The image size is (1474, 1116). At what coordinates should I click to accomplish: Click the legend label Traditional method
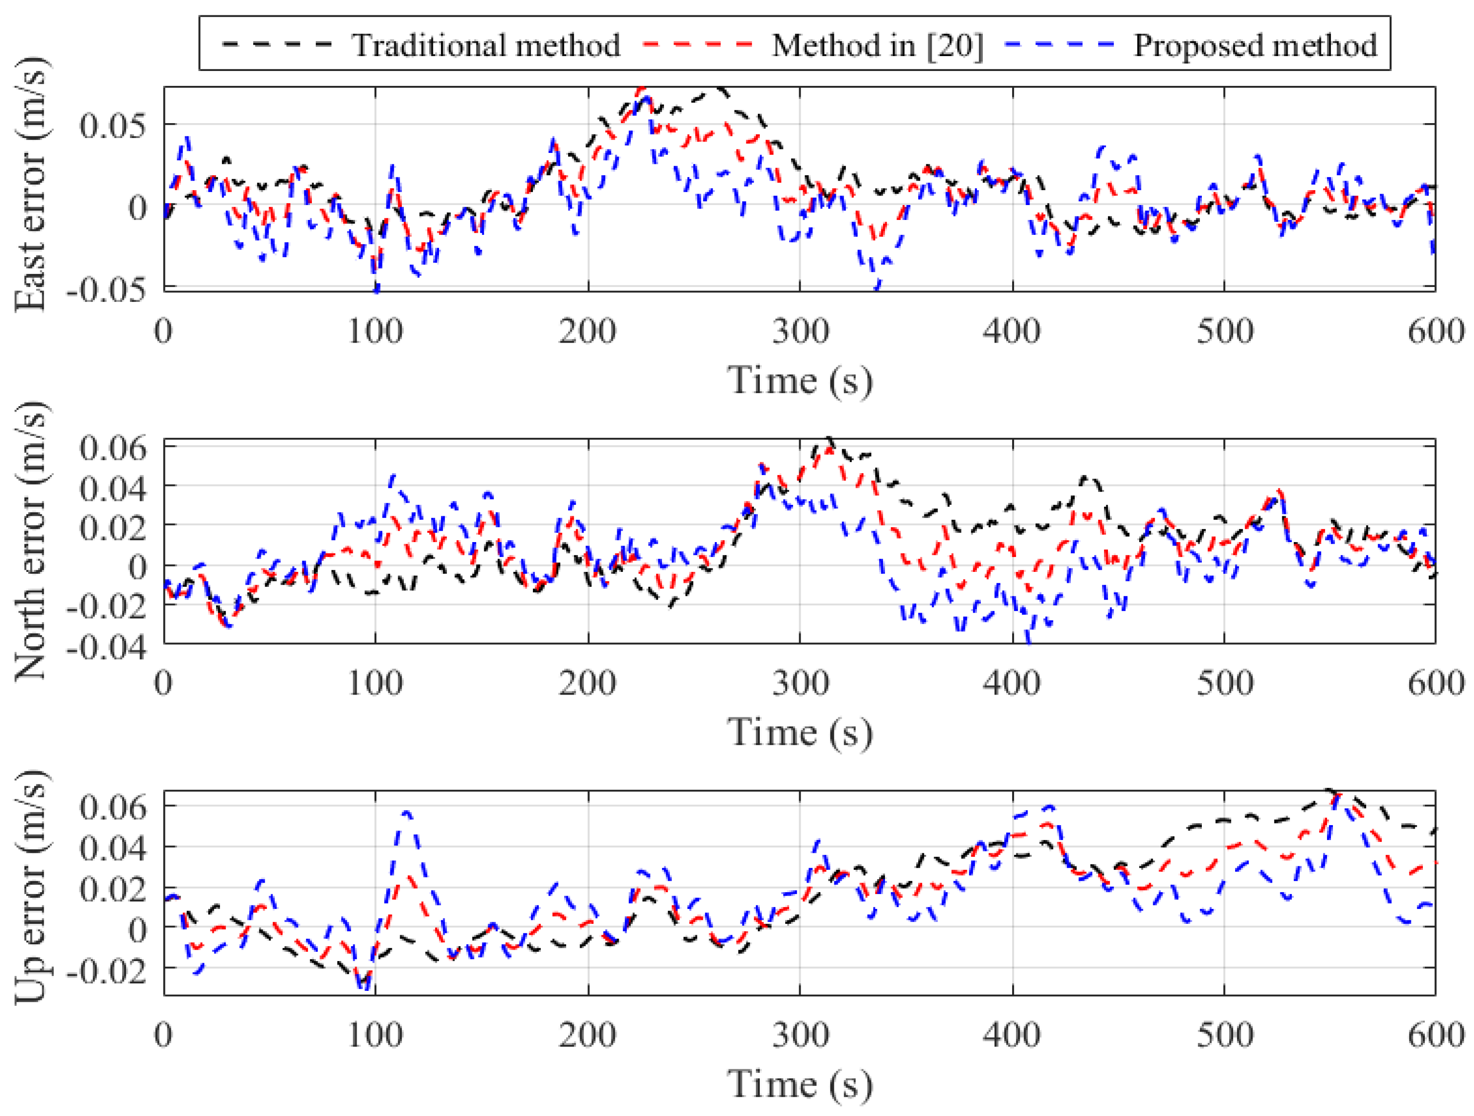pyautogui.click(x=486, y=45)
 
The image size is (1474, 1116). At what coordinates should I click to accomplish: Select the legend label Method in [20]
pyautogui.click(x=877, y=45)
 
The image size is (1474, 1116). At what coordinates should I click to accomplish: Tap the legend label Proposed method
pyautogui.click(x=1255, y=45)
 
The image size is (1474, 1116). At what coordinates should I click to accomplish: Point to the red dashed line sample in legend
pyautogui.click(x=697, y=44)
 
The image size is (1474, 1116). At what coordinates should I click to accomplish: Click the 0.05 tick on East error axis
pyautogui.click(x=111, y=125)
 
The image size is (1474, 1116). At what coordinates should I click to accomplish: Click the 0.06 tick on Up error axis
pyautogui.click(x=111, y=807)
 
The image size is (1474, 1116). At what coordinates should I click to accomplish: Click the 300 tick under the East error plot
pyautogui.click(x=800, y=331)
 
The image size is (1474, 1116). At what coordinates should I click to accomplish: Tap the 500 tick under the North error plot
pyautogui.click(x=1224, y=683)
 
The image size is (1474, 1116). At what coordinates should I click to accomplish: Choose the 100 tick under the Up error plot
pyautogui.click(x=375, y=1035)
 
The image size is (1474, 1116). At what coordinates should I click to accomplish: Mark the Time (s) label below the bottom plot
pyautogui.click(x=800, y=1084)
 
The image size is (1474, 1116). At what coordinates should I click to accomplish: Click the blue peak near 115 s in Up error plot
pyautogui.click(x=406, y=812)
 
